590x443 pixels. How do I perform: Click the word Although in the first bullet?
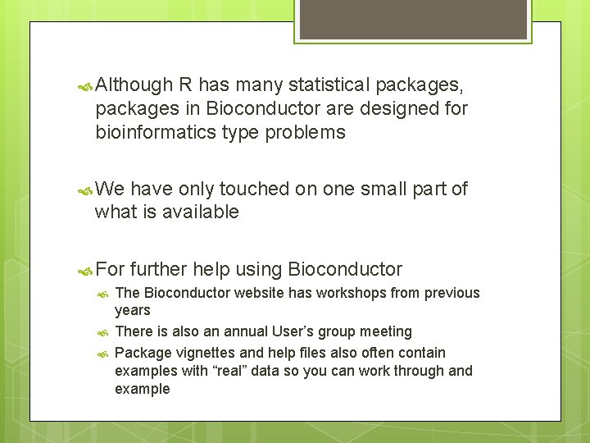pyautogui.click(x=134, y=84)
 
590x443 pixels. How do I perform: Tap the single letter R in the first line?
pyautogui.click(x=186, y=84)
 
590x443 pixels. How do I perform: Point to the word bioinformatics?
pyautogui.click(x=156, y=132)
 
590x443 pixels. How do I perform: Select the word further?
pyautogui.click(x=160, y=269)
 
